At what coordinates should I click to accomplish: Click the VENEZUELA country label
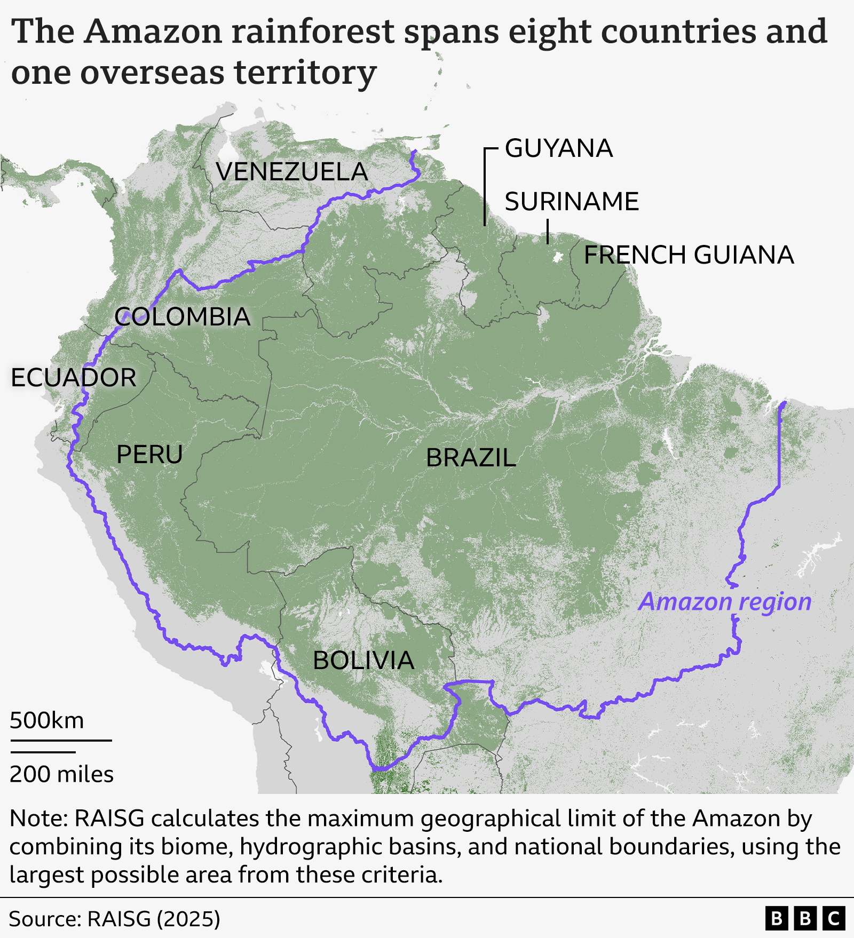tap(291, 172)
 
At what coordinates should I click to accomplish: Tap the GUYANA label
tap(558, 148)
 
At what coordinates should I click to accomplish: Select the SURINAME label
tap(571, 202)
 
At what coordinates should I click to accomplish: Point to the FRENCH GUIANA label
tap(689, 255)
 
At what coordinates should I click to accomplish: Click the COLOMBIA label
tap(183, 317)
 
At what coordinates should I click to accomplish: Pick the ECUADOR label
tap(74, 378)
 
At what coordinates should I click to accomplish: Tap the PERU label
tap(149, 455)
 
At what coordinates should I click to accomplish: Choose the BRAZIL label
tap(471, 458)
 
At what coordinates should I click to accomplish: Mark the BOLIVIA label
tap(363, 661)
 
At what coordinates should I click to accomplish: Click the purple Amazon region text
tap(725, 602)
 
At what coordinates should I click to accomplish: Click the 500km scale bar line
tap(61, 741)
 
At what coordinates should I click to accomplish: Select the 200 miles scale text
tap(61, 774)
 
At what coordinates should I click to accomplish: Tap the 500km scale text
tap(47, 721)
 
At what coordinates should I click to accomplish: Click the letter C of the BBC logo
tap(833, 919)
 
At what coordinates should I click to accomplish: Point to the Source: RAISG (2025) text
tap(114, 919)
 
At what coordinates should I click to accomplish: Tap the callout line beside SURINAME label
tap(548, 231)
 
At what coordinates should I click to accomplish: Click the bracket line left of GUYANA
tap(485, 187)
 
